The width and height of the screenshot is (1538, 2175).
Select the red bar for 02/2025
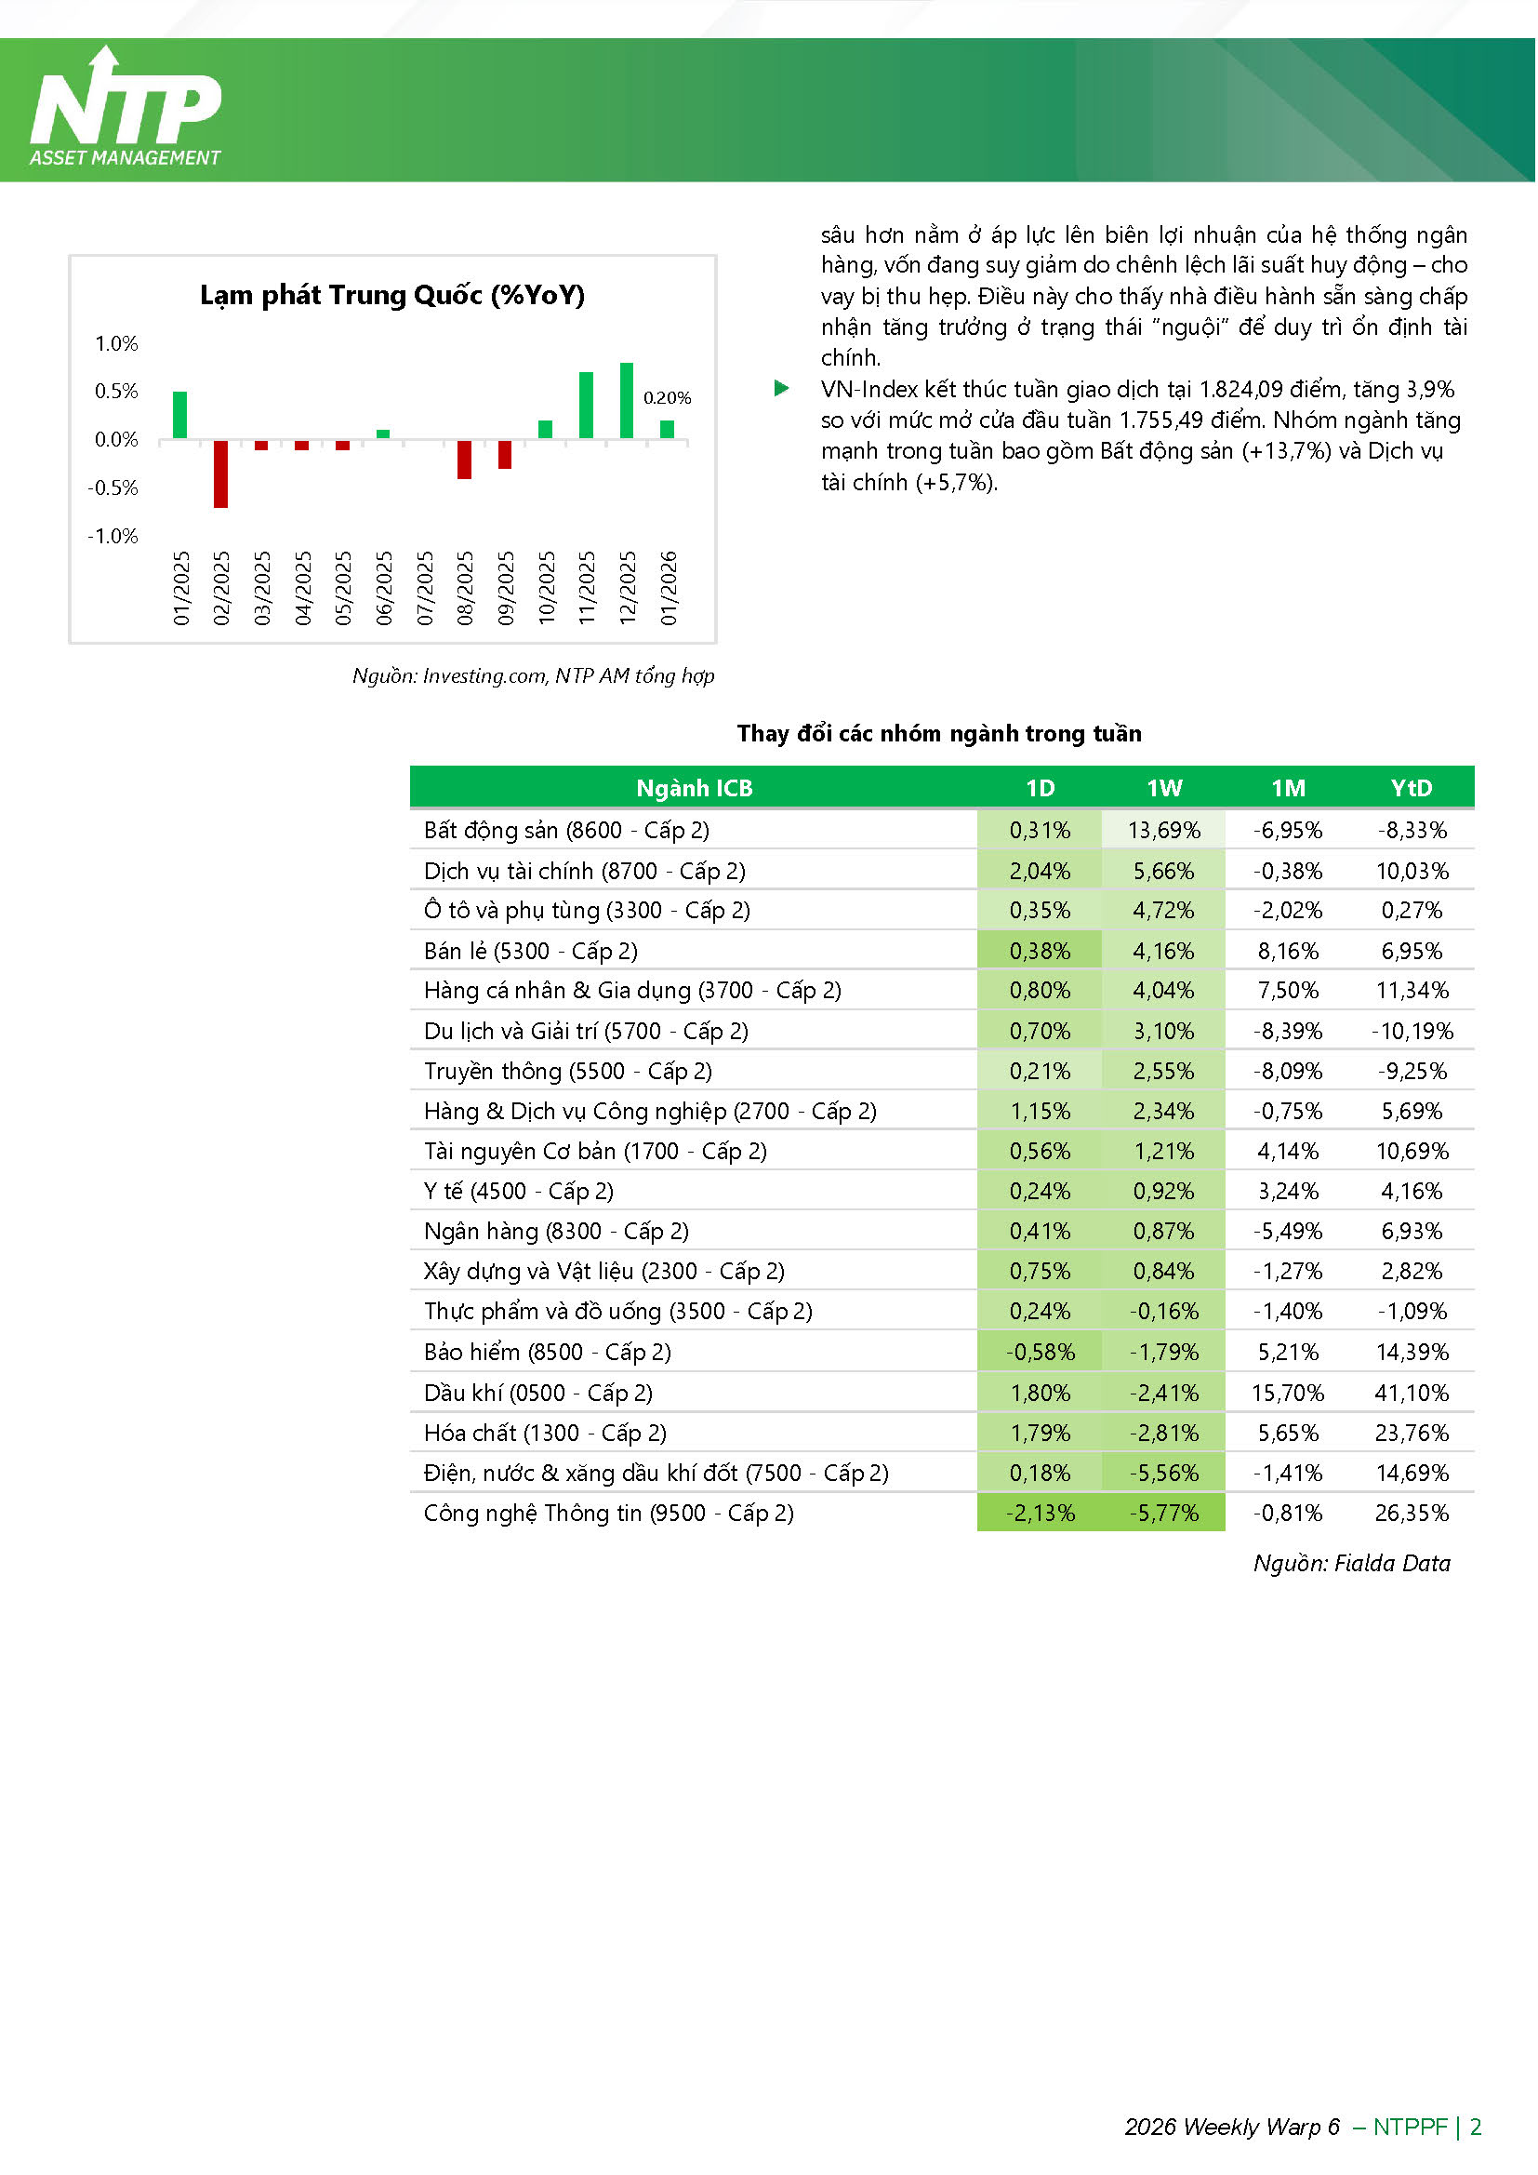click(x=220, y=474)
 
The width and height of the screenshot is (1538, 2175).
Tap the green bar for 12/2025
click(x=626, y=401)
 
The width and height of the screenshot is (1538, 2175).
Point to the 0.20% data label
click(x=668, y=398)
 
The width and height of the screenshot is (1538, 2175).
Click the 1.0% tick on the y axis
click(x=116, y=343)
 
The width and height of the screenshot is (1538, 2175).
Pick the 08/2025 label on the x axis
click(x=465, y=587)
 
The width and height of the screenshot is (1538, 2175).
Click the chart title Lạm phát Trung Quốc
click(x=392, y=296)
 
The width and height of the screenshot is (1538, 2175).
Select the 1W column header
click(x=1164, y=788)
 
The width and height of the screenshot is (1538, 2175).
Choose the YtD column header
click(x=1412, y=788)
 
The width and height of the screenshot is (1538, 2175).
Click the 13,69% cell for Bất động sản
click(x=1164, y=831)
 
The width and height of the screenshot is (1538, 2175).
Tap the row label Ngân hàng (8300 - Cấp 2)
click(x=557, y=1232)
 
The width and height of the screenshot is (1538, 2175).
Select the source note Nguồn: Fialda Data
click(x=1351, y=1564)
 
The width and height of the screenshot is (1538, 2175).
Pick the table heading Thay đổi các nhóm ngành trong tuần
click(x=939, y=734)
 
